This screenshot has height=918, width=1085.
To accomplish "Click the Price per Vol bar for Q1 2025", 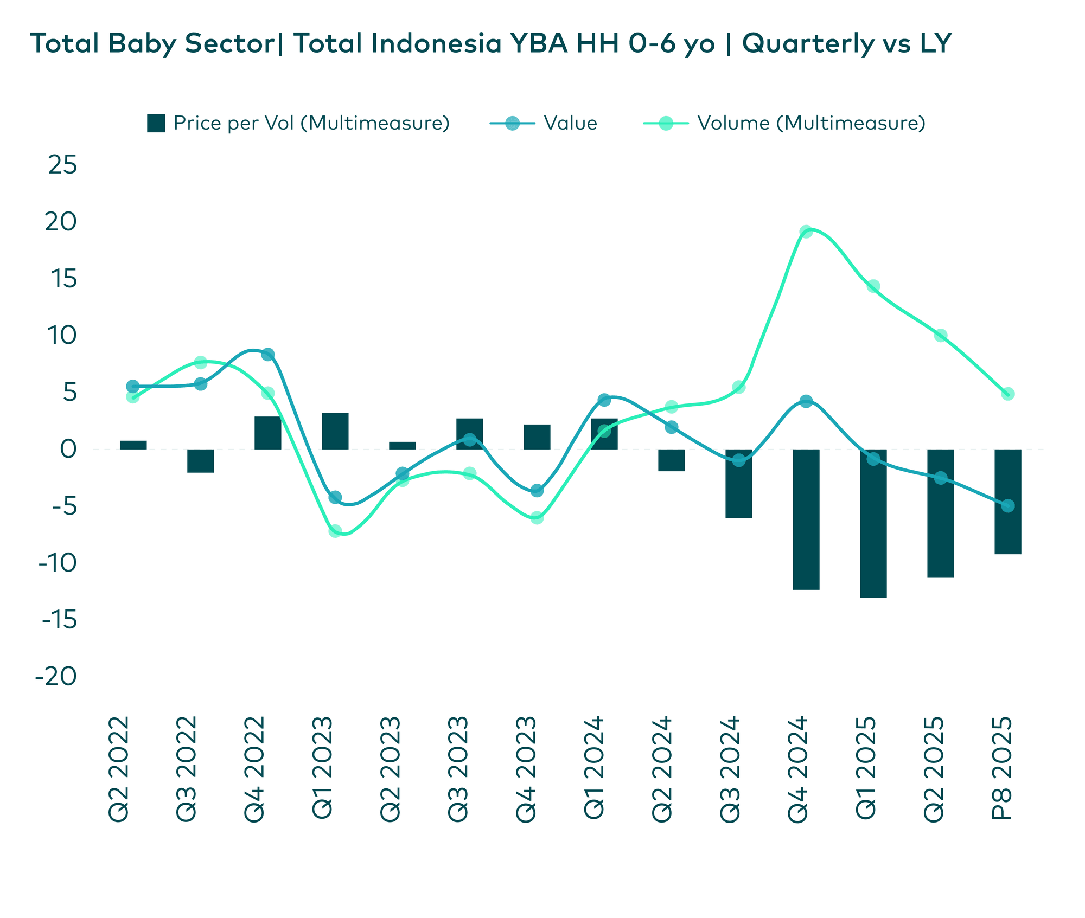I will click(873, 523).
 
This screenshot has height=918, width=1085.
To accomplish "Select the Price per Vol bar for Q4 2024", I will click(806, 519).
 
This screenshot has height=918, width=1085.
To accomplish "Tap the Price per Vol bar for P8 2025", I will click(1007, 502).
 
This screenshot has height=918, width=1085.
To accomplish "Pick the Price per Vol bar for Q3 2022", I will click(200, 461).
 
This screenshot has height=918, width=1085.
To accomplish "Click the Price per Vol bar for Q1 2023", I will click(335, 431).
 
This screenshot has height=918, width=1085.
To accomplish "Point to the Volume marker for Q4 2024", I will click(806, 232).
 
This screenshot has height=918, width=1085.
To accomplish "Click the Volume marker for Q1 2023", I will click(335, 531).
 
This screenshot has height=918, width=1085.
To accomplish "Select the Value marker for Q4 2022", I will click(267, 355).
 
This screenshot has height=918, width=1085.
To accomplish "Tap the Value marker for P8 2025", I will click(1007, 506).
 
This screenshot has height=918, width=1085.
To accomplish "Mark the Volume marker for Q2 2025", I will click(940, 336).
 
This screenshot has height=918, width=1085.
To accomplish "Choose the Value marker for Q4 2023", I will click(537, 491).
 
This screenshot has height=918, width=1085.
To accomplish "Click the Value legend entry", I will click(570, 124).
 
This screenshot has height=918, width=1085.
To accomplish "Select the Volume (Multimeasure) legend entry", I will click(810, 124).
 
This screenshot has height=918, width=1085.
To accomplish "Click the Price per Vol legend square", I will click(156, 124).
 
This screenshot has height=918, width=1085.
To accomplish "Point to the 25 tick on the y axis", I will click(62, 165).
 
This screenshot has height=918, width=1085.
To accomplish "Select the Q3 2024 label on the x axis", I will click(730, 769).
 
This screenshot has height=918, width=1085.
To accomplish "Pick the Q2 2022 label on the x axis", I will click(120, 769).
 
